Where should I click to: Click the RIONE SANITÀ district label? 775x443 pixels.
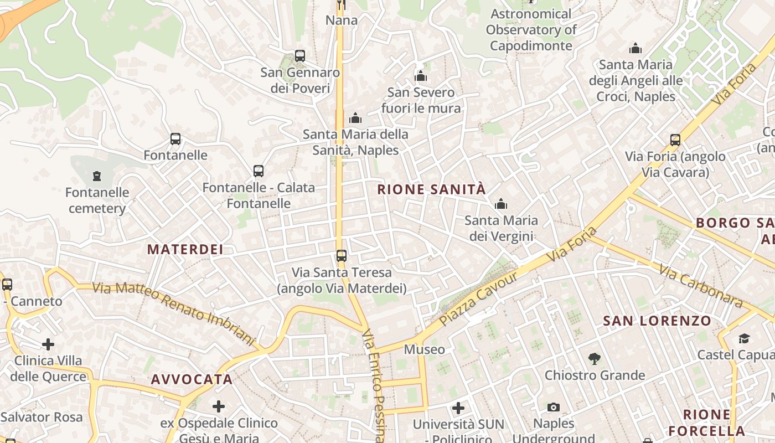(x=431, y=189)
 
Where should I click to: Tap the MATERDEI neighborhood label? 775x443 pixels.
(x=185, y=249)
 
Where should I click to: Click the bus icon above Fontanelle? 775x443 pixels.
(x=175, y=139)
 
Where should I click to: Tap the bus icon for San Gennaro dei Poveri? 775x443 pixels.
(x=299, y=56)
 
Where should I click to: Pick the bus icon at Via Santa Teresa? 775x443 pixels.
(x=342, y=256)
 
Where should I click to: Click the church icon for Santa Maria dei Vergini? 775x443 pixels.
(x=501, y=204)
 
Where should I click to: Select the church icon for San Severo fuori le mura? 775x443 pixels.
(x=421, y=76)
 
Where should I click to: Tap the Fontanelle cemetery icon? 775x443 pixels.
(x=97, y=177)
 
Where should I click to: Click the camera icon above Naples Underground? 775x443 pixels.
(x=553, y=408)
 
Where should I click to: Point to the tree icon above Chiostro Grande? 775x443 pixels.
(x=595, y=359)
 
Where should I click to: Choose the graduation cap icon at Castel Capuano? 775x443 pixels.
(x=744, y=338)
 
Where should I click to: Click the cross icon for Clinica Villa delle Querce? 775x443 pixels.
(x=48, y=344)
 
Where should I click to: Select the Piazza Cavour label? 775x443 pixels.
(x=478, y=298)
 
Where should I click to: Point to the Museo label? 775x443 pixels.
(x=424, y=349)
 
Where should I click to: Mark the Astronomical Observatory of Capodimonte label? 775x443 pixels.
(x=531, y=30)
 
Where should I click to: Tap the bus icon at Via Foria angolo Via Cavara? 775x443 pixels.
(x=675, y=140)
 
